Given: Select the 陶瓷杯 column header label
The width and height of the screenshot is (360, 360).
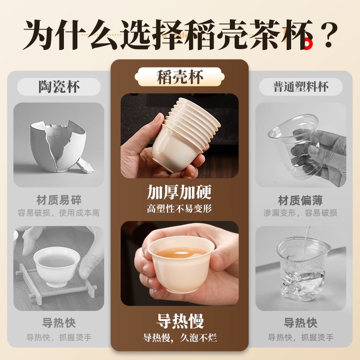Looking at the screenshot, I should (x=59, y=86).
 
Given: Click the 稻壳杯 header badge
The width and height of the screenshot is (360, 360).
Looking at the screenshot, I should (x=180, y=77).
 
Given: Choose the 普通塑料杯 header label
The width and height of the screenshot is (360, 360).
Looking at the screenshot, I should (x=301, y=86).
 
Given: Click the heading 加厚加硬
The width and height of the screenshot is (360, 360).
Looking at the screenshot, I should (x=180, y=192).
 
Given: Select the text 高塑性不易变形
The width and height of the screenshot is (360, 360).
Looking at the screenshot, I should (x=180, y=209).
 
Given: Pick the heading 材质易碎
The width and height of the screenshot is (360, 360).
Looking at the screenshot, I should (x=59, y=200).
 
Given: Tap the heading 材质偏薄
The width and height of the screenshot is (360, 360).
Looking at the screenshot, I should (x=301, y=200).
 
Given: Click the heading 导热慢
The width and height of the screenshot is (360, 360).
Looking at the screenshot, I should (x=180, y=321).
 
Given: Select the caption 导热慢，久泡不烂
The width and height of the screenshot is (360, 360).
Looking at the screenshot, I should (x=180, y=338).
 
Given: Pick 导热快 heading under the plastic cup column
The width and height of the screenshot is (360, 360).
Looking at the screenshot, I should (x=301, y=323).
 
